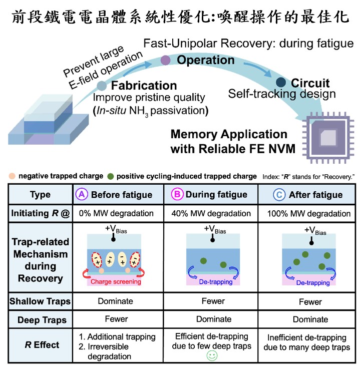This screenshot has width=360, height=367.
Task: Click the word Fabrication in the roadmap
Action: tap(144, 86)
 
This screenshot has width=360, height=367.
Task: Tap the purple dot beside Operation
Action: tap(166, 60)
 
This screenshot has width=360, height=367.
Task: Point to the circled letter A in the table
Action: tap(80, 194)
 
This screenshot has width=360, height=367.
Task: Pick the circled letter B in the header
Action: tap(177, 194)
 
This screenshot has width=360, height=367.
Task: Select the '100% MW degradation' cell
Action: tap(307, 213)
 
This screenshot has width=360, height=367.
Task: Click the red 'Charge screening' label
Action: tap(116, 282)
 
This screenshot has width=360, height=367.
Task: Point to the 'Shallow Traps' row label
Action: tap(40, 301)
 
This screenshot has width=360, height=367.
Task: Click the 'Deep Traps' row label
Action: tap(40, 320)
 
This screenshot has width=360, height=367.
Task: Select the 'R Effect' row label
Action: tap(40, 344)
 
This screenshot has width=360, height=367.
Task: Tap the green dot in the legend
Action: tap(111, 176)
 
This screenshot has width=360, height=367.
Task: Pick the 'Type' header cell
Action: tap(40, 194)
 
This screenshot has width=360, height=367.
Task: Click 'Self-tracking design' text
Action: tap(282, 94)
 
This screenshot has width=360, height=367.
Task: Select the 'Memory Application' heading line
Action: tap(229, 135)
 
